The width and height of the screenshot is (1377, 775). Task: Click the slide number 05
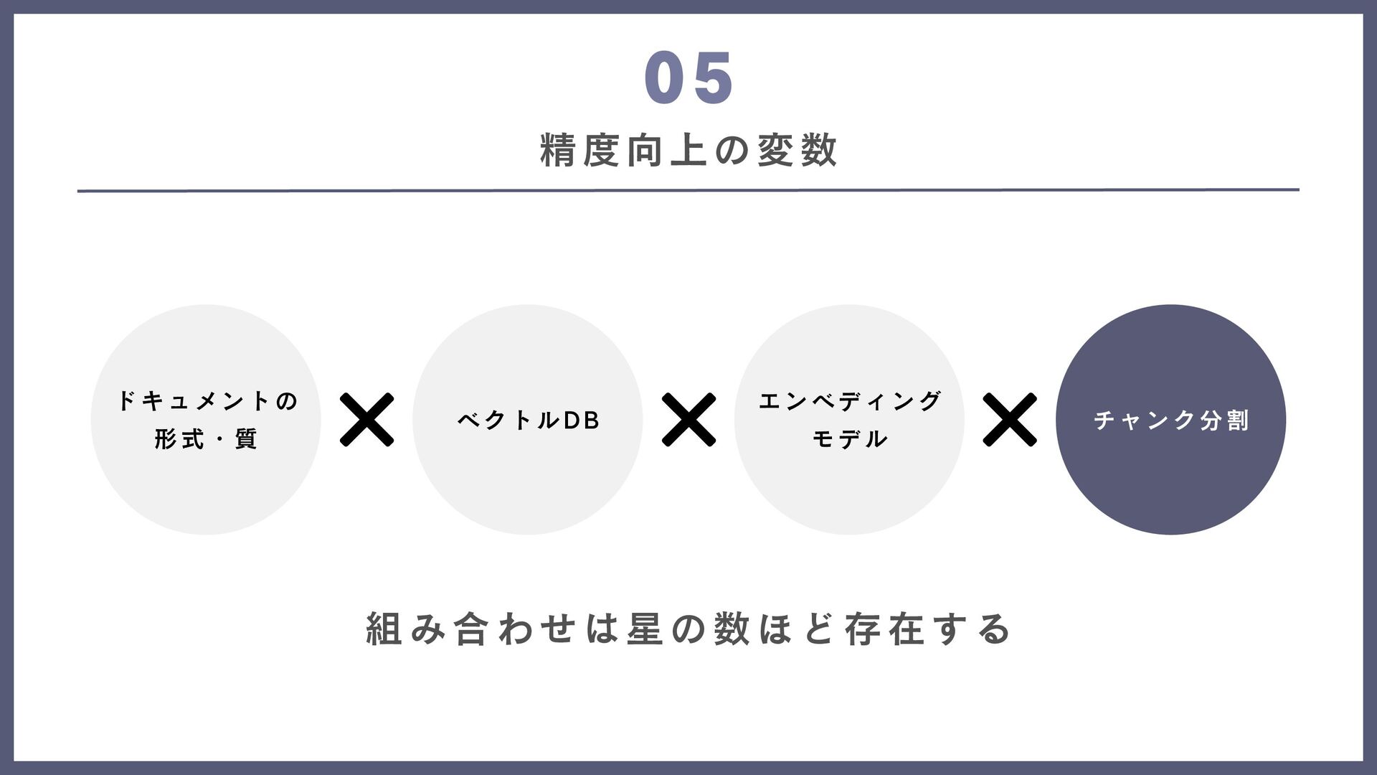coord(688,77)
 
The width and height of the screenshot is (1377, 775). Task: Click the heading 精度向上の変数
coord(688,151)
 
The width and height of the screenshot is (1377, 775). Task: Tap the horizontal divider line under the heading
coord(688,190)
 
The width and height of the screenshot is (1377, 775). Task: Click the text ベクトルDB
coord(529,421)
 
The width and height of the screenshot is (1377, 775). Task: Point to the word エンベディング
coord(850,401)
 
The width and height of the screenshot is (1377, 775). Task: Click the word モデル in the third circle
coord(850,439)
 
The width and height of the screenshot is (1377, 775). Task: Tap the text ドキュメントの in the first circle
coord(207,401)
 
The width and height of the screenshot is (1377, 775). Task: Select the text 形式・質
coord(207,439)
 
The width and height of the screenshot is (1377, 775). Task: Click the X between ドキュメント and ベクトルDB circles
coord(366,420)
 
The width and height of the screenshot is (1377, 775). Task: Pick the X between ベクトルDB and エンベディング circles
coord(688,420)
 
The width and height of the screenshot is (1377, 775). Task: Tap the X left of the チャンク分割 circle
coord(1010,420)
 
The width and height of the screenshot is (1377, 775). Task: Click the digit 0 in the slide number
coord(666,77)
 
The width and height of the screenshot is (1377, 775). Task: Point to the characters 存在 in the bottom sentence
coord(884,629)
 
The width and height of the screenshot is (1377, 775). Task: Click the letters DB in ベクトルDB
coord(581,421)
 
